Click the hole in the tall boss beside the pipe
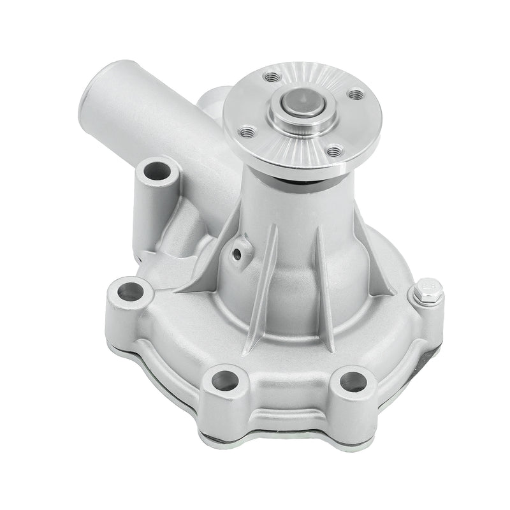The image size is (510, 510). tap(155, 172)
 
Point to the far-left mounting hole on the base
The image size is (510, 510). tap(130, 291)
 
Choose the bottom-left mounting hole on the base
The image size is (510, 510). tap(225, 381)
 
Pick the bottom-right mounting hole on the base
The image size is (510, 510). tap(353, 381)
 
